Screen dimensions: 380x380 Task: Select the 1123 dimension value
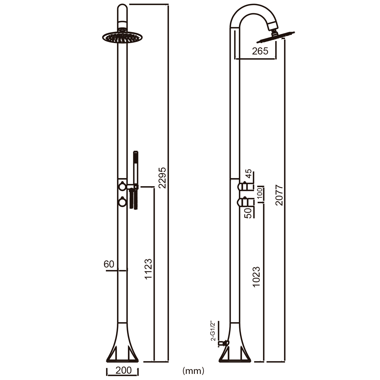(148, 269)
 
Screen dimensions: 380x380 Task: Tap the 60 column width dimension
(109, 264)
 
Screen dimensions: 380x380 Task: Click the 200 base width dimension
(123, 370)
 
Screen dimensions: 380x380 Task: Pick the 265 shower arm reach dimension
(260, 51)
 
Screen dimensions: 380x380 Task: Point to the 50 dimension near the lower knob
(249, 213)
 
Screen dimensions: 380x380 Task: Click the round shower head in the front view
(122, 37)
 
